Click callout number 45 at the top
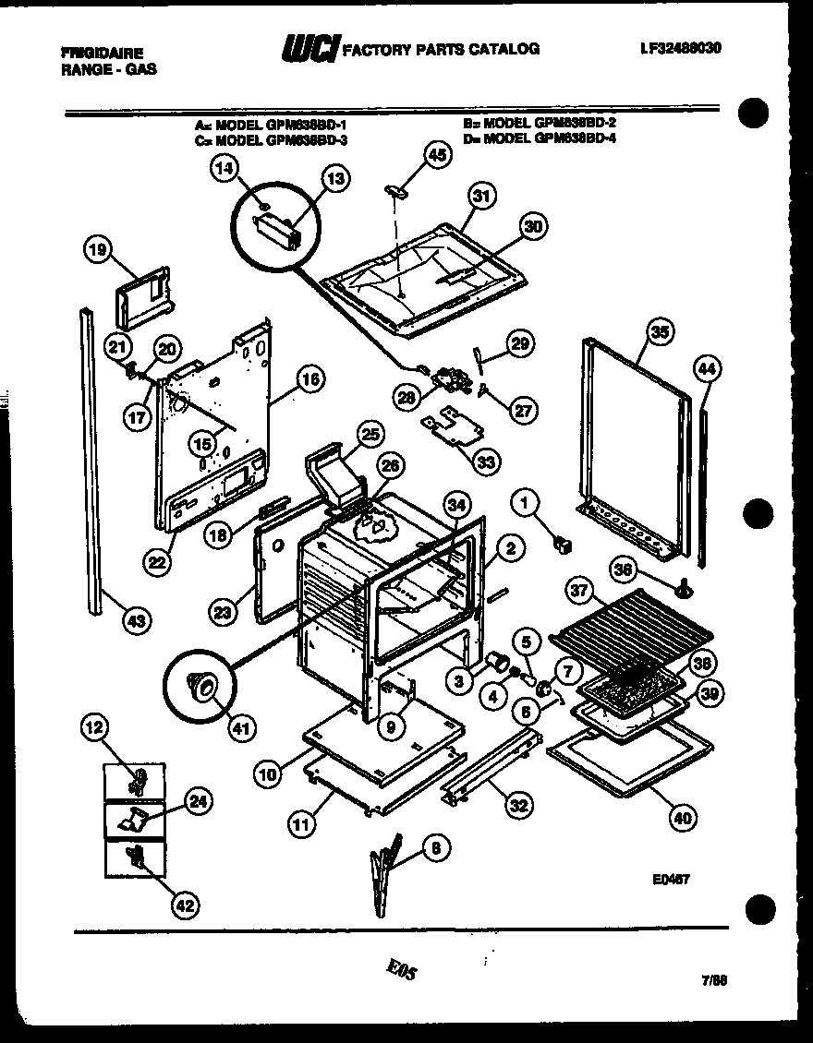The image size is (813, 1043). point(436,156)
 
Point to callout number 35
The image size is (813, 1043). point(660,331)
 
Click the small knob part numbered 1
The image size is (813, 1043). point(561,545)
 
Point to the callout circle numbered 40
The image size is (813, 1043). point(682,816)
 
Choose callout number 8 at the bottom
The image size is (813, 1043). point(432,846)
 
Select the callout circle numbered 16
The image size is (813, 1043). point(309,377)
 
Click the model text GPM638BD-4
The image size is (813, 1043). point(573,139)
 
